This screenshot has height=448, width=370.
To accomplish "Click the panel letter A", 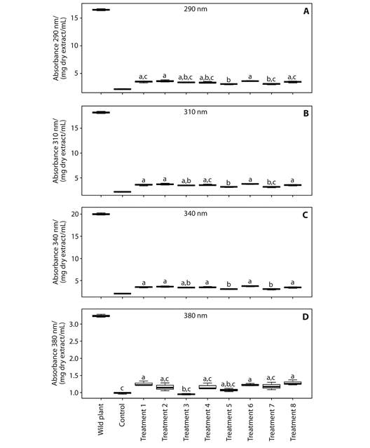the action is [306, 11].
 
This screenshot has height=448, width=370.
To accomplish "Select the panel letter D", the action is [306, 317].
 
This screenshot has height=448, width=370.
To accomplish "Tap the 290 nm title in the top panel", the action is [196, 9].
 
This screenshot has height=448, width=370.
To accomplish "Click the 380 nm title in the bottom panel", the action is [196, 315].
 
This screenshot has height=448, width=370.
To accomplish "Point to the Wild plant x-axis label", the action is [101, 419].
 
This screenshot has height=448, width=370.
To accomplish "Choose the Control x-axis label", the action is [122, 415].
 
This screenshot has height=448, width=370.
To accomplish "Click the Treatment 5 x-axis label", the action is [228, 422].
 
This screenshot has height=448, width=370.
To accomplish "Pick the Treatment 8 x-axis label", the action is [293, 422].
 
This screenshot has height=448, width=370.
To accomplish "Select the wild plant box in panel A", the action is [101, 10].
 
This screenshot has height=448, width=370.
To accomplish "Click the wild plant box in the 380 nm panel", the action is [101, 315].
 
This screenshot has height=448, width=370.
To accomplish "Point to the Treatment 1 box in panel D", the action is [144, 383].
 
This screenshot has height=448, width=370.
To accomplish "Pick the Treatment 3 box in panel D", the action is [186, 394].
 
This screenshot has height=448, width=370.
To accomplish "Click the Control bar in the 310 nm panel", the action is [122, 191].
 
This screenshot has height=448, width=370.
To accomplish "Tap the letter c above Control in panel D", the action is [122, 388].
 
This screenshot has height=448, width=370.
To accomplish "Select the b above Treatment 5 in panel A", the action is [228, 80].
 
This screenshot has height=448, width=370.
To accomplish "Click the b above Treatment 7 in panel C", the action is [271, 285].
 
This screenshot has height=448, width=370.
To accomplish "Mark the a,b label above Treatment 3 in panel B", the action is [186, 181].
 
